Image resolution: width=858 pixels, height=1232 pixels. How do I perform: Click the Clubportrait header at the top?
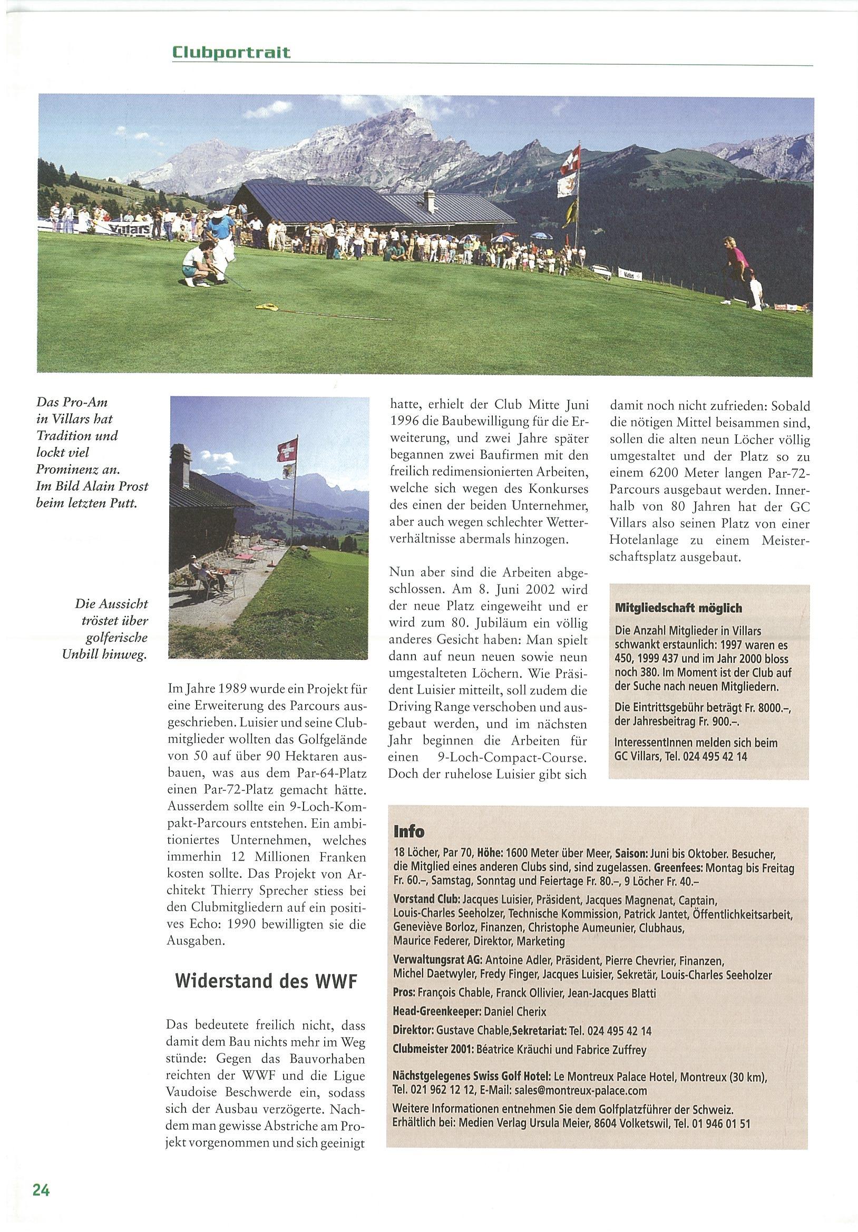point(231,52)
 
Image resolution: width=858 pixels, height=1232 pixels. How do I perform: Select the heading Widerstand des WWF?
point(266,981)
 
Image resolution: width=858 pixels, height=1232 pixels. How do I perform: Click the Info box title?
point(408,831)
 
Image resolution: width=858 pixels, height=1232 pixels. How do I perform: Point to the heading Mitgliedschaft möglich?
point(678,608)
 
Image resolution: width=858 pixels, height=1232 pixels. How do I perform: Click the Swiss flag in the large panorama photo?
point(570,160)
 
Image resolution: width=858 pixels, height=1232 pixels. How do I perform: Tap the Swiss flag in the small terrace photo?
point(287,449)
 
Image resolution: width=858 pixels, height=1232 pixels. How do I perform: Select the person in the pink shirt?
point(733,260)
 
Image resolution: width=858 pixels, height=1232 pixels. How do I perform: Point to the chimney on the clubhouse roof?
point(430,201)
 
